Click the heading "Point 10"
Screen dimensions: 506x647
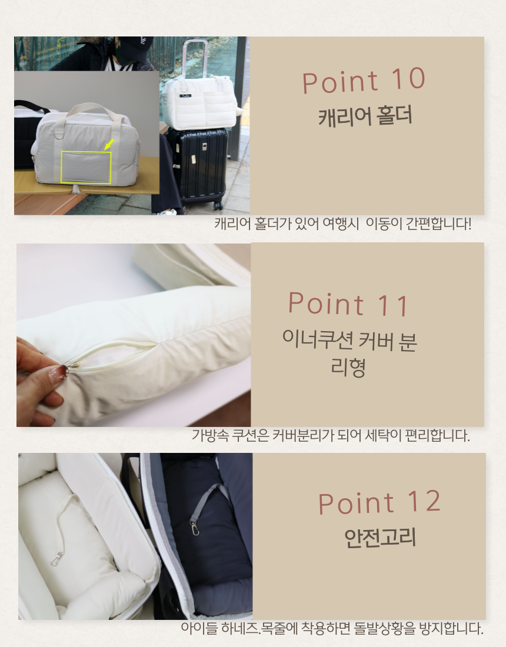coord(364,81)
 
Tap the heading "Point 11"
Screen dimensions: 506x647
coord(348,304)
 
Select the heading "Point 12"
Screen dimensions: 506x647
coord(379,502)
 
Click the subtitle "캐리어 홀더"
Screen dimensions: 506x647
coord(365,116)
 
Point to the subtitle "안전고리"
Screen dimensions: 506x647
coord(379,538)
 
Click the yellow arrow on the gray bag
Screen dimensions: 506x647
coord(109,144)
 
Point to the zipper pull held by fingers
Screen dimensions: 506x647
coord(72,365)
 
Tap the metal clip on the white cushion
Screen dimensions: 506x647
coord(56,559)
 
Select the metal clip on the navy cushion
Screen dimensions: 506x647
coord(194,528)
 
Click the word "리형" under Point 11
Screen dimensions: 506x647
coord(348,367)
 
